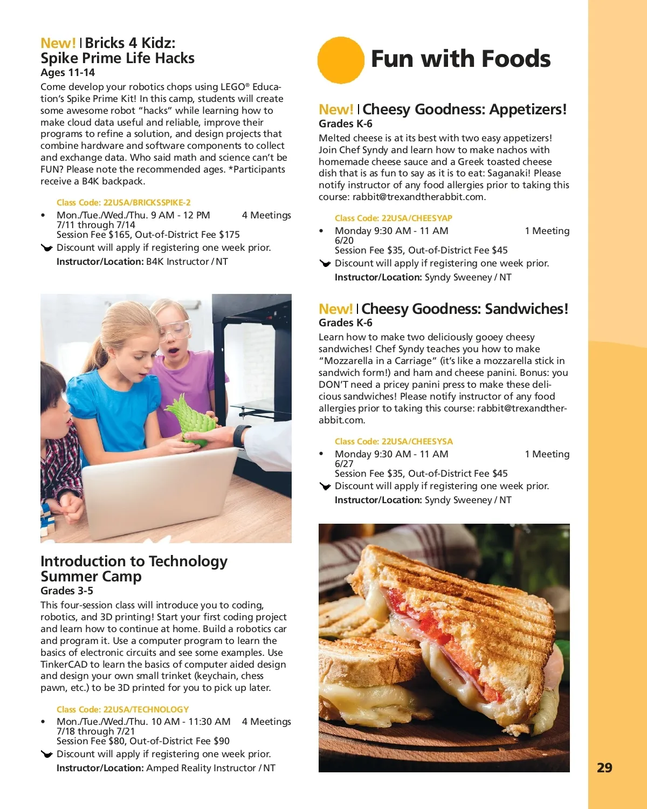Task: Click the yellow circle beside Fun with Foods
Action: coord(341,60)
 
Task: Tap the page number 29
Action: coord(604,767)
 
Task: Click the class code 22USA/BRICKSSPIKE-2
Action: coord(123,203)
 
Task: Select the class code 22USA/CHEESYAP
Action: coord(393,218)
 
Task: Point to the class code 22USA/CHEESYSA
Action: coord(394,442)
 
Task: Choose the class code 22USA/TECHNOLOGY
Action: coord(122,710)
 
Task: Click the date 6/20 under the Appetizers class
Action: coord(344,241)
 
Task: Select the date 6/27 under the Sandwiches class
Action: coord(344,464)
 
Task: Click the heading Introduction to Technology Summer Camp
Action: coord(134,568)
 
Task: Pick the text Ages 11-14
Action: coord(67,73)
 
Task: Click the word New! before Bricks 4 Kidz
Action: coord(58,43)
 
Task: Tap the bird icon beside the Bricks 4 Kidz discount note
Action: coord(47,248)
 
